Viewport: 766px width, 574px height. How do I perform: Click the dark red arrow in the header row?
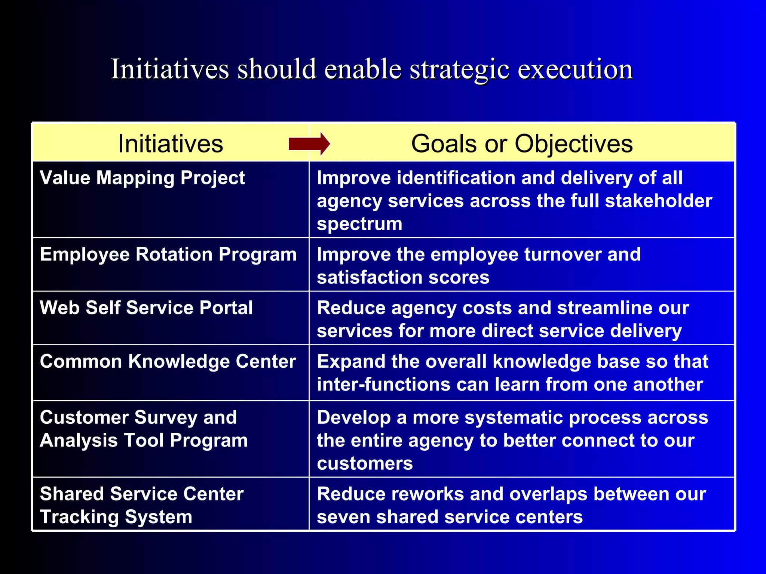(x=309, y=144)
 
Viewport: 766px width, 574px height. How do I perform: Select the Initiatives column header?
(x=170, y=144)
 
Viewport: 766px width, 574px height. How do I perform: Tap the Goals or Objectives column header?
(x=522, y=144)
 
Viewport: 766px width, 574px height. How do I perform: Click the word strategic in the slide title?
(x=459, y=70)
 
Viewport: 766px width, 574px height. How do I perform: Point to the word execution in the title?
(x=575, y=70)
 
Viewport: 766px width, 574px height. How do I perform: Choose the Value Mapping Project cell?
(x=142, y=178)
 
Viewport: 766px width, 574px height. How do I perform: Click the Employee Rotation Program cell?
(x=168, y=255)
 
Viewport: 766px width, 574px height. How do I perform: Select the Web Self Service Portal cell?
(x=146, y=308)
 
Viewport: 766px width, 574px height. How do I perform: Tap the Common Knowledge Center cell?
(x=168, y=362)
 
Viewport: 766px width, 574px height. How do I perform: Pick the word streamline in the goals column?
(x=605, y=308)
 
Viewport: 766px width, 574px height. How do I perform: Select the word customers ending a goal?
(x=365, y=464)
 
